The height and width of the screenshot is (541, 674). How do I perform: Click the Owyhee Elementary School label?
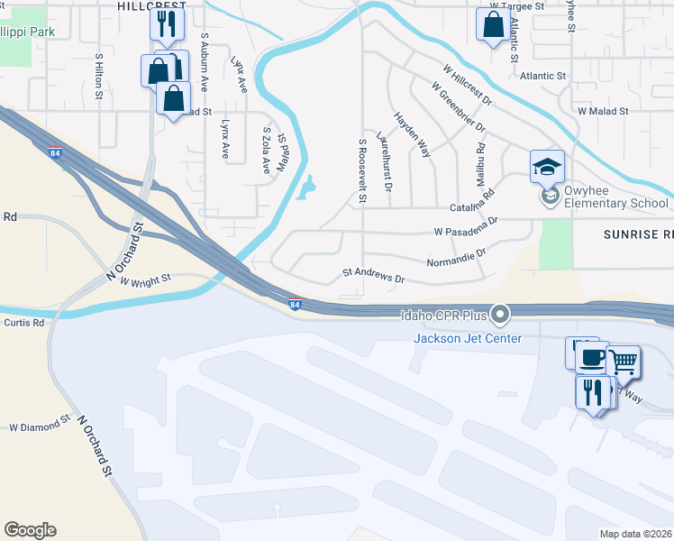click(616, 197)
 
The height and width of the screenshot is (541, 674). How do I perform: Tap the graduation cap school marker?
click(547, 166)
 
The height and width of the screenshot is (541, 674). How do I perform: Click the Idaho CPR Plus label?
click(444, 315)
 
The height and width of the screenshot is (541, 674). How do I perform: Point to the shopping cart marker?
click(623, 362)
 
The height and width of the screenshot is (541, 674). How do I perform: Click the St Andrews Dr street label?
click(373, 274)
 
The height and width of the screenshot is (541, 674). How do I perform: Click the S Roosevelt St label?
click(362, 170)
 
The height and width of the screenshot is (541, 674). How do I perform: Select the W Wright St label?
click(144, 281)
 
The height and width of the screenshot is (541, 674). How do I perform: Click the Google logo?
click(30, 529)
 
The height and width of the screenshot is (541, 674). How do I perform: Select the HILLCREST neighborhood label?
click(151, 5)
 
